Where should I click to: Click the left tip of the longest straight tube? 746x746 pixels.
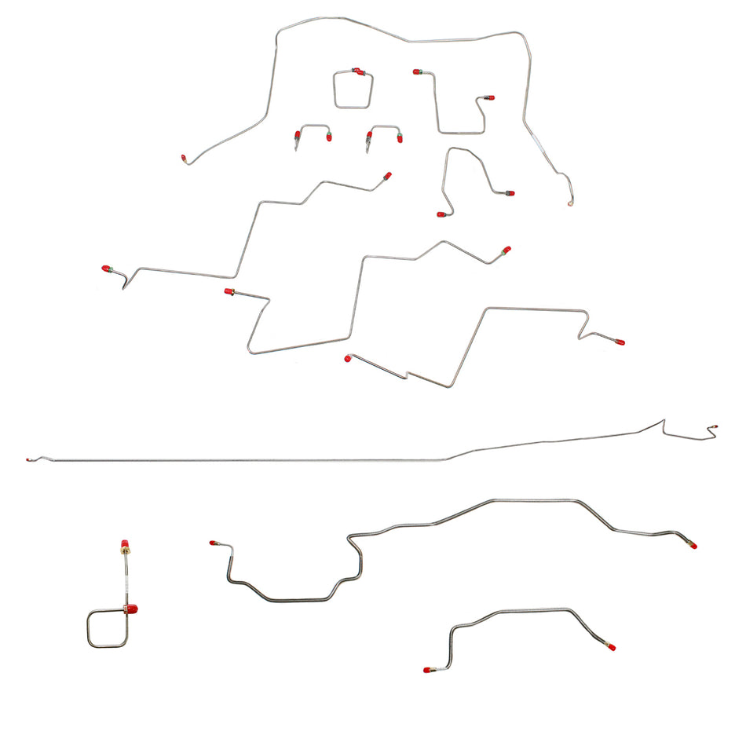point(28,459)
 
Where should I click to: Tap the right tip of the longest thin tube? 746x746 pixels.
point(715,428)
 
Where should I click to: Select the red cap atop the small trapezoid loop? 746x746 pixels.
point(358,71)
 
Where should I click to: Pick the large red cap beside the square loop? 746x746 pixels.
point(132,608)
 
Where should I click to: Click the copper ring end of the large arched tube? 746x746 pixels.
point(572,203)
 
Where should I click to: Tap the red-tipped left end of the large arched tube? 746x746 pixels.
point(185,159)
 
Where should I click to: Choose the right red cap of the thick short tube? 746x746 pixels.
point(610,647)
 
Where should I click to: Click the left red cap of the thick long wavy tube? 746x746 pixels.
point(212,543)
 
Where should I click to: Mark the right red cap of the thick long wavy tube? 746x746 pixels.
point(693,545)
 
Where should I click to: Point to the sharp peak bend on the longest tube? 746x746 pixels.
point(663,421)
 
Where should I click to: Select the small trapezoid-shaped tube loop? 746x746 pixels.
point(352,90)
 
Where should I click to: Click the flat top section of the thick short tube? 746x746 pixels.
point(534,609)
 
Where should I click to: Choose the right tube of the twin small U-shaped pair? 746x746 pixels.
point(385,133)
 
